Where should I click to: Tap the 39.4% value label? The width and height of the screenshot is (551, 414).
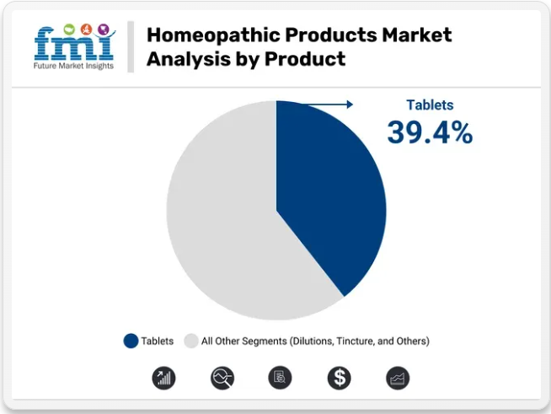pyautogui.click(x=430, y=132)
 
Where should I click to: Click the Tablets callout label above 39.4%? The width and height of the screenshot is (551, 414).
pyautogui.click(x=430, y=105)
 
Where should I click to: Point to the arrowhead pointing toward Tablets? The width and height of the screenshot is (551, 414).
pyautogui.click(x=350, y=104)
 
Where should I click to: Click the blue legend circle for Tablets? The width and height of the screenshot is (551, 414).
pyautogui.click(x=131, y=341)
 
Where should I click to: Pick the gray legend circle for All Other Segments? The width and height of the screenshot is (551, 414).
pyautogui.click(x=190, y=341)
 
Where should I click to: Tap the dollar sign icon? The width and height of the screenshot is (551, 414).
pyautogui.click(x=339, y=378)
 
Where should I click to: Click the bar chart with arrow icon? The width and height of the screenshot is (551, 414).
pyautogui.click(x=163, y=378)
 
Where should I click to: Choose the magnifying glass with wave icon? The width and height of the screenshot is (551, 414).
pyautogui.click(x=222, y=378)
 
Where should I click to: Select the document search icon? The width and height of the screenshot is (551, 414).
pyautogui.click(x=280, y=378)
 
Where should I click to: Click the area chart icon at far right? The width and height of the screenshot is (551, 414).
pyautogui.click(x=398, y=378)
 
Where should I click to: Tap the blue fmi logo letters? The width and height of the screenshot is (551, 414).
pyautogui.click(x=74, y=44)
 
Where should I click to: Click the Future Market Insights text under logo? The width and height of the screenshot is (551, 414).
pyautogui.click(x=73, y=66)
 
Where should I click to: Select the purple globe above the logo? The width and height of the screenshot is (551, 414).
pyautogui.click(x=104, y=29)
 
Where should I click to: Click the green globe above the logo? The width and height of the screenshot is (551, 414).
pyautogui.click(x=69, y=30)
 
